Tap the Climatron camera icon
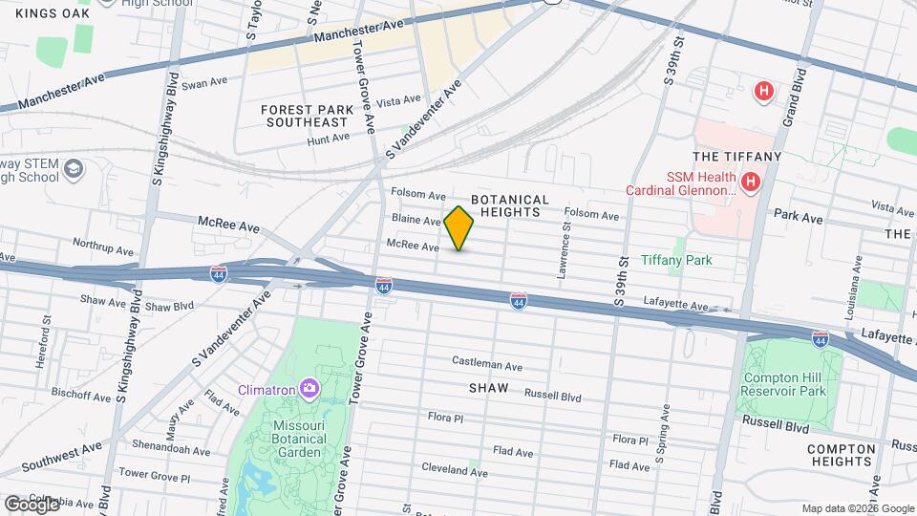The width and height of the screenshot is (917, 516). coord(309,388)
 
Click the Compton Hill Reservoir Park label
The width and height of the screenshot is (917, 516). coord(783,384)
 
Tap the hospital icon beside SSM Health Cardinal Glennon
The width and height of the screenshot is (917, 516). coord(751,181)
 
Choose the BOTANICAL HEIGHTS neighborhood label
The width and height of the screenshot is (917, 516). coord(510,206)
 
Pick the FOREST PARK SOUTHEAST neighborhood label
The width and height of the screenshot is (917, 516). coord(305,116)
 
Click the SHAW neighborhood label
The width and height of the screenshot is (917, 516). coord(488,389)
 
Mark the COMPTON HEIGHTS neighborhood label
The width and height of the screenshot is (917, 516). coord(842,455)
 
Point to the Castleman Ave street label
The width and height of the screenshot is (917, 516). coord(487,365)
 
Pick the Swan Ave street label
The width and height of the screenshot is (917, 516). coord(201,84)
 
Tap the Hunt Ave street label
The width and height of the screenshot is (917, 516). coord(329,139)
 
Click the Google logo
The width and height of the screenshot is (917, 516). coord(32,504)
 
